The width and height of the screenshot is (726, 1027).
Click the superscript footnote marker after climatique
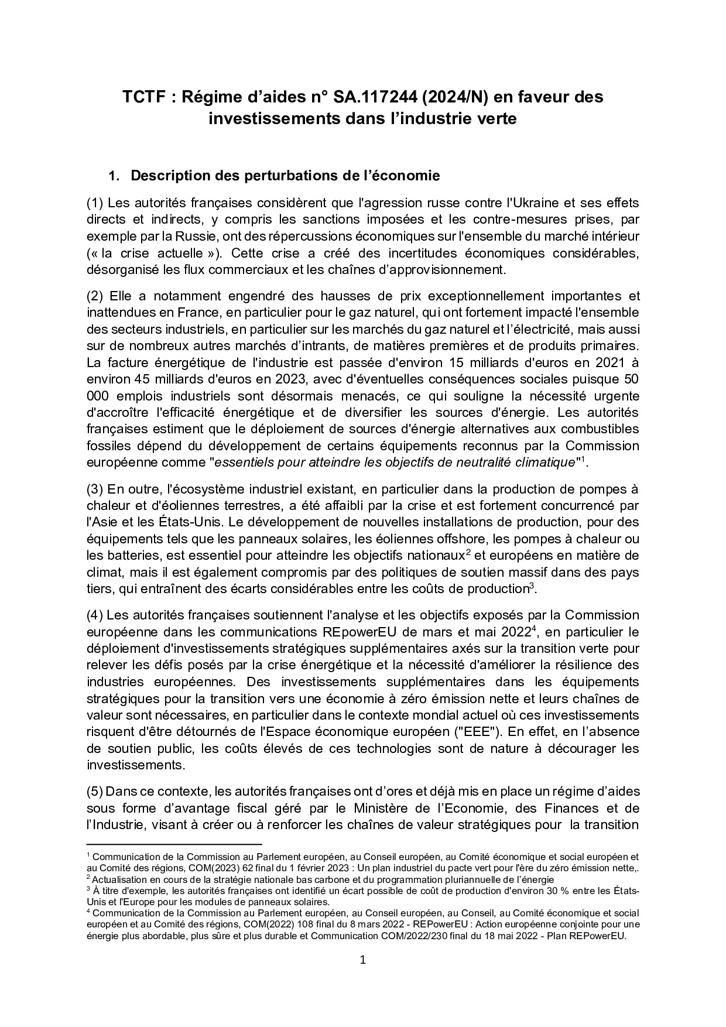click(583, 458)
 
